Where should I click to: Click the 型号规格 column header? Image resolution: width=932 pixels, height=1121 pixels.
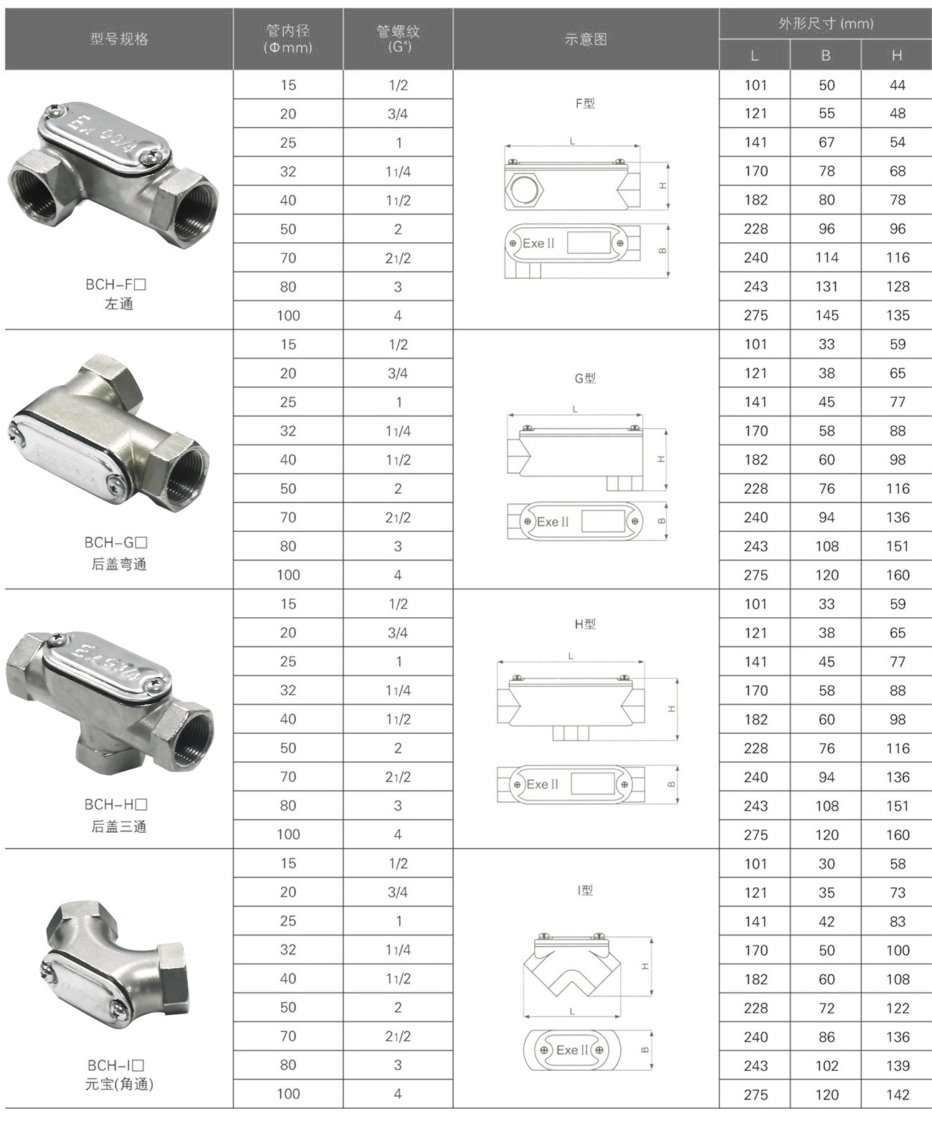119,39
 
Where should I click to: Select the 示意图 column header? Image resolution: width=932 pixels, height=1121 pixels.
586,39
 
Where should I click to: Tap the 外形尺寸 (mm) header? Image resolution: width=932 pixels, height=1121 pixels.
825,24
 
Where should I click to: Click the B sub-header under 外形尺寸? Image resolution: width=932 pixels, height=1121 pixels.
826,56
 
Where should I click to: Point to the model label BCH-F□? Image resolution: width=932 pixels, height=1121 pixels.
116,285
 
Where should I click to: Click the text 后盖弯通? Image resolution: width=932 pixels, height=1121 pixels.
119,564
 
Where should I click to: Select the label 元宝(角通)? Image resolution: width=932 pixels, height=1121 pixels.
119,1084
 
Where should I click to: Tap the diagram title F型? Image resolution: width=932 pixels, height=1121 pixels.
585,103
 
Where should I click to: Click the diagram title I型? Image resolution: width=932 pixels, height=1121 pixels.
585,890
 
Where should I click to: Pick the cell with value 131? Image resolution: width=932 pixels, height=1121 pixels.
826,287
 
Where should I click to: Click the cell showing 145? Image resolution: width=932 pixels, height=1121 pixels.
826,315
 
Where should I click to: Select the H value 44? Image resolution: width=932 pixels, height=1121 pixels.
897,85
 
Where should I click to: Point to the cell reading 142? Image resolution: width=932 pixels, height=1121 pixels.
897,1094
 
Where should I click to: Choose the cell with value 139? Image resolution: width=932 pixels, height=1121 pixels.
897,1066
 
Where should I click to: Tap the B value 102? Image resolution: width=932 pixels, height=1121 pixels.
826,1066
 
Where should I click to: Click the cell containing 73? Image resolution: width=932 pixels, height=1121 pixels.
897,892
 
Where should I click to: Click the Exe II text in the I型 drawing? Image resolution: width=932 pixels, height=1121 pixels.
571,1050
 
